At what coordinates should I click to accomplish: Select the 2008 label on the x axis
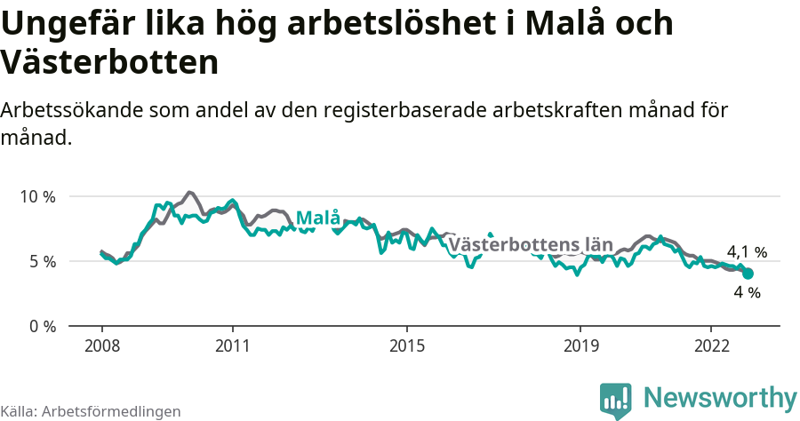[x=101, y=345]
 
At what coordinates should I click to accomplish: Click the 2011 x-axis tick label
[x=232, y=345]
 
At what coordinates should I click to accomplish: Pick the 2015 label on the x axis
[x=406, y=345]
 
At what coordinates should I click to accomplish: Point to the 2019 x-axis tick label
[x=580, y=345]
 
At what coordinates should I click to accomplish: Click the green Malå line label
[x=317, y=218]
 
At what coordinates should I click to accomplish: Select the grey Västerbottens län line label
[x=531, y=244]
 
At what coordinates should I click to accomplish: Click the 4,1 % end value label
[x=747, y=252]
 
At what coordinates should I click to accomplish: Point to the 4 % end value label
[x=747, y=291]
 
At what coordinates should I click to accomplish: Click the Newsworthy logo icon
[x=615, y=399]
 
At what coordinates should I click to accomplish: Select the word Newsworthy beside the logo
[x=720, y=397]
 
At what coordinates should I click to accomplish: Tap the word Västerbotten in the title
[x=109, y=62]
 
